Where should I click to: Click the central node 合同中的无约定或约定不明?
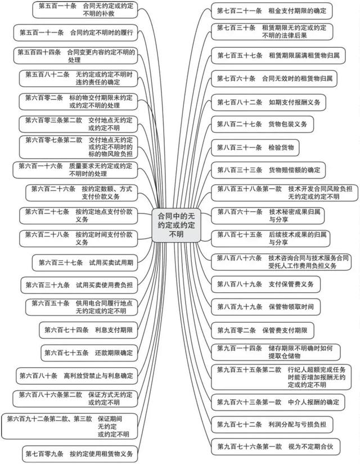176,225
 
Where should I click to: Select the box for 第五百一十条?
85,10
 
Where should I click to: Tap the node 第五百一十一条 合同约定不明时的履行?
76,33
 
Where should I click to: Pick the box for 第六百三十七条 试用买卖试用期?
85,262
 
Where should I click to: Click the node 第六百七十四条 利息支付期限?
88,330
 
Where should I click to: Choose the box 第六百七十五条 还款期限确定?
89,353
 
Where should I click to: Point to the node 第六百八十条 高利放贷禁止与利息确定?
77,376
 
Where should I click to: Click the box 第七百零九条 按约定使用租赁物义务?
80,454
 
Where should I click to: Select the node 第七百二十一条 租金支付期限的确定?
272,11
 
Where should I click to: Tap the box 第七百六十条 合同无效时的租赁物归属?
274,79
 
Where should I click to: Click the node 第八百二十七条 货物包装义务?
263,124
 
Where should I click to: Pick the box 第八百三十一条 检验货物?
255,148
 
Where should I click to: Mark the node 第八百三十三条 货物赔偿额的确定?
268,170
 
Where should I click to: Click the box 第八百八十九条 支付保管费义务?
265,284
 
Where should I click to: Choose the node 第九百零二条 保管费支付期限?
263,330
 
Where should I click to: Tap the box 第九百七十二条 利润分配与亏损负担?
272,425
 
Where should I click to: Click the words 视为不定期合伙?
310,447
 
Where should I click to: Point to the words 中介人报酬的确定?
314,402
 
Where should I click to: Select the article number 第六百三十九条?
48,285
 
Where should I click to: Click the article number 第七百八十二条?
240,102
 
